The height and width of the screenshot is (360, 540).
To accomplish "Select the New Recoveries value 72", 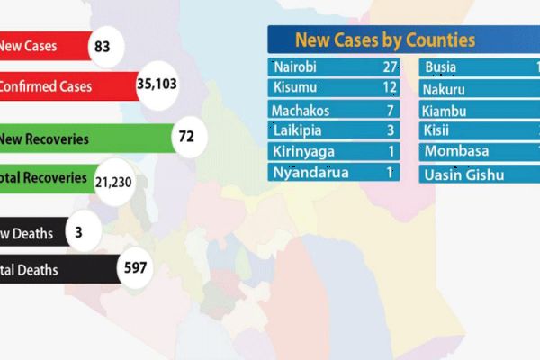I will pyautogui.click(x=186, y=138).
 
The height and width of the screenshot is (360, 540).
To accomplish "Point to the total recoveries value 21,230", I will pyautogui.click(x=113, y=181).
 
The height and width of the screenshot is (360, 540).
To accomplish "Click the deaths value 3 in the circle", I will pyautogui.click(x=79, y=233).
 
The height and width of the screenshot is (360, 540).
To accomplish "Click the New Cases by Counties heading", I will pyautogui.click(x=384, y=40).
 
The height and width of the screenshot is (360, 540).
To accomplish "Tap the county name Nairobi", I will pyautogui.click(x=296, y=67).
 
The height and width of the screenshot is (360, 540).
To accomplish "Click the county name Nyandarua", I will pyautogui.click(x=308, y=172).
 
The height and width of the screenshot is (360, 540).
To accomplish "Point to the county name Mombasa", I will pyautogui.click(x=456, y=150).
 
